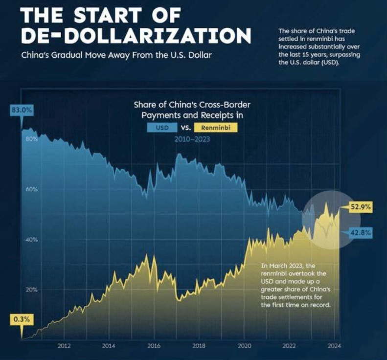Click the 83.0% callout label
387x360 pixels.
pos(22,111)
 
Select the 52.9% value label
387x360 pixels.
pos(361,207)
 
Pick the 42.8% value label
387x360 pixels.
pos(361,232)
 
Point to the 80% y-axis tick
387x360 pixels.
pos(31,139)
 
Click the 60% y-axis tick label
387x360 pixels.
pos(31,189)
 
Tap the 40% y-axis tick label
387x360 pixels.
pos(31,240)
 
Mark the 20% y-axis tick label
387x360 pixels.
pos(31,289)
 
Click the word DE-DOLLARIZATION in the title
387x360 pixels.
pos(136,36)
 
